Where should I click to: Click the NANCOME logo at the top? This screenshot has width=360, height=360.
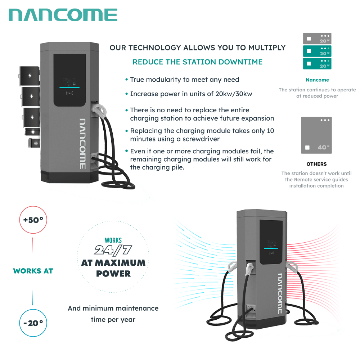tap(63, 15)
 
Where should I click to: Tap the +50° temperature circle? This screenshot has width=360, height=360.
tap(33, 220)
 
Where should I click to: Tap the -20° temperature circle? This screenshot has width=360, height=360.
tap(33, 323)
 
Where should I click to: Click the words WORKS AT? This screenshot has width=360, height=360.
tap(33, 271)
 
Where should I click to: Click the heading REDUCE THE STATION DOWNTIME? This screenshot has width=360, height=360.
tap(198, 62)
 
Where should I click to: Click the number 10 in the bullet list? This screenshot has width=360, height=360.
tap(270, 131)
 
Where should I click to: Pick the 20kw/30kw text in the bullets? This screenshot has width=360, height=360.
tap(230, 94)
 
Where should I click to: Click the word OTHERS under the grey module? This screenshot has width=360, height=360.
tap(316, 164)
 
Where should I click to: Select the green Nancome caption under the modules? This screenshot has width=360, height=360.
tap(317, 80)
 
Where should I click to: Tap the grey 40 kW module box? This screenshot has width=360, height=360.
tap(316, 135)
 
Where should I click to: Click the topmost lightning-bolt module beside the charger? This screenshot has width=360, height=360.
tap(31, 76)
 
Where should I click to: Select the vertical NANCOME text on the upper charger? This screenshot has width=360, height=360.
tap(82, 144)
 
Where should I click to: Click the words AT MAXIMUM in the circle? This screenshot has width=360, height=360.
tap(113, 263)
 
